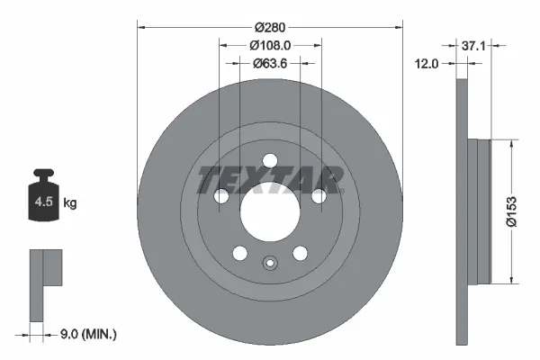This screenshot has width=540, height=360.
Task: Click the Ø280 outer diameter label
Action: click(x=270, y=27)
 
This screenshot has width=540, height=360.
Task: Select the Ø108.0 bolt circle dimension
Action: click(x=270, y=45)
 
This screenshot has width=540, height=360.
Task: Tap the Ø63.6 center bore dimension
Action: click(x=270, y=63)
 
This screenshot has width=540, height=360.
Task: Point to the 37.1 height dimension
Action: click(x=473, y=46)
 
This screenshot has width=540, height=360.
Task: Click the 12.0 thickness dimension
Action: click(x=427, y=64)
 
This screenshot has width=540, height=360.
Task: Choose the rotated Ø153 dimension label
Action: click(x=512, y=211)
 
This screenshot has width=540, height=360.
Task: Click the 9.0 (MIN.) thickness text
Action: click(x=88, y=334)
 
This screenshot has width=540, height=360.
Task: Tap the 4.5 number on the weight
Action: click(x=44, y=202)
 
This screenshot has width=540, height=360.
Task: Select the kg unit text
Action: click(x=70, y=203)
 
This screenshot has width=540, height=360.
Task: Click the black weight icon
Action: click(x=43, y=194)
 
